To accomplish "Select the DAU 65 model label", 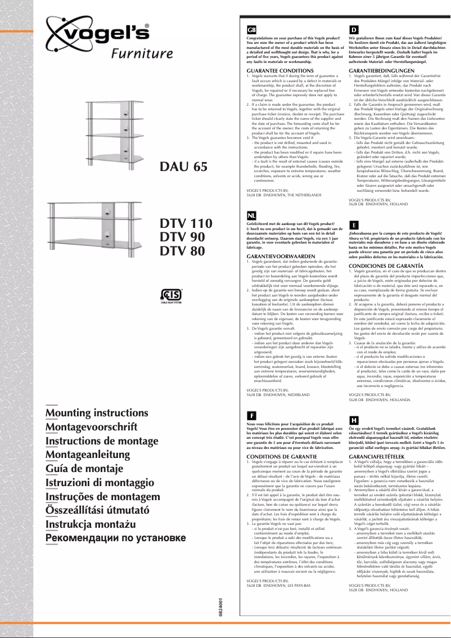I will [x=184, y=166].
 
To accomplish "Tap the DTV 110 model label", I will [x=186, y=223].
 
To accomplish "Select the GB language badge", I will [x=252, y=29].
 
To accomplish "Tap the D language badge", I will [x=354, y=29].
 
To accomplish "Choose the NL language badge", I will [x=252, y=216].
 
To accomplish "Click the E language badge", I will [x=354, y=223].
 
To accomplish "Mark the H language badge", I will [x=354, y=420].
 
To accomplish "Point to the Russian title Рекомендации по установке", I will [x=115, y=537].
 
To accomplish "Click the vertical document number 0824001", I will [x=221, y=600].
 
